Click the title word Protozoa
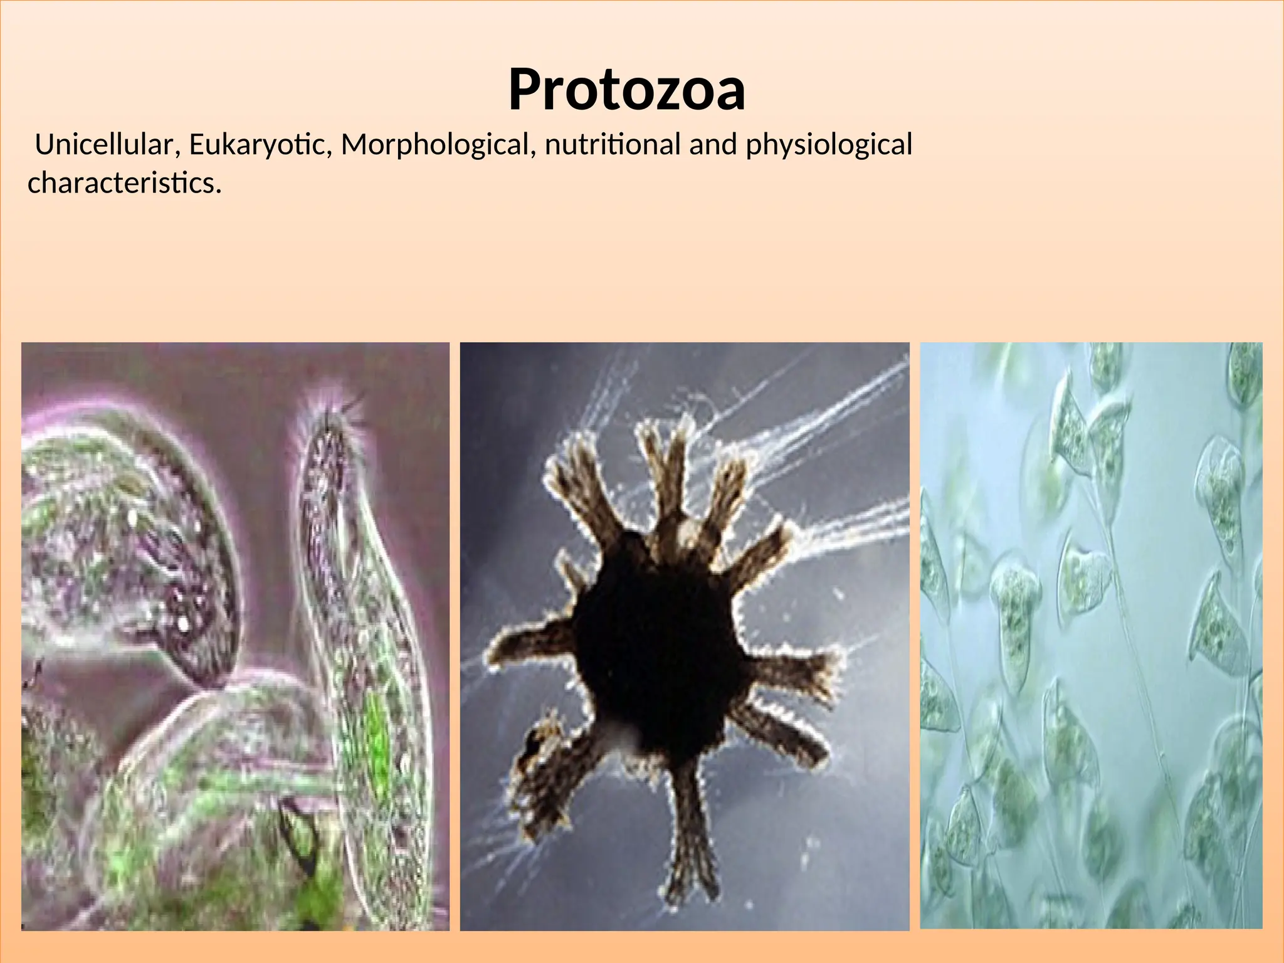point(626,90)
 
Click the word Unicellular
point(103,145)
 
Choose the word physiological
point(828,145)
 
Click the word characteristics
point(121,183)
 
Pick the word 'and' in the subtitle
point(713,145)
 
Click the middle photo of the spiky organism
point(684,636)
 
